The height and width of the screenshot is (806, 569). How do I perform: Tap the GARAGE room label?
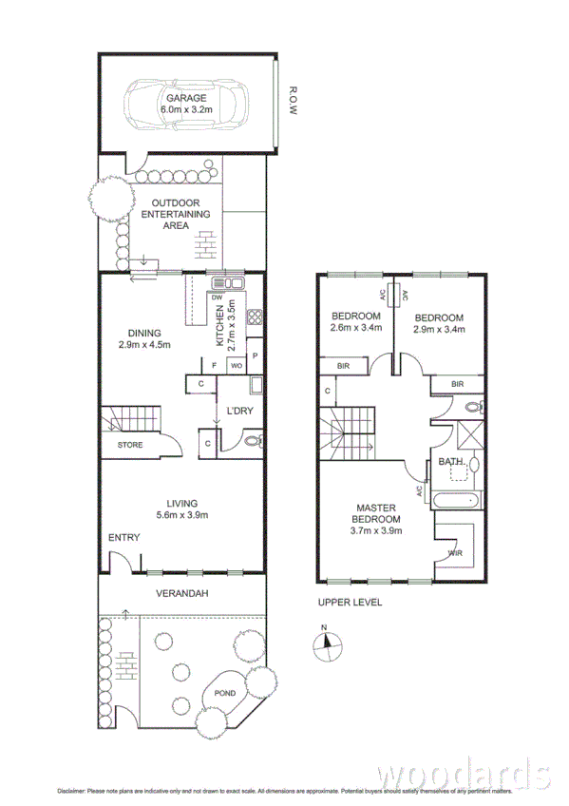coord(186,98)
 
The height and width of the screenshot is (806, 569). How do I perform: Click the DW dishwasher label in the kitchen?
coord(217,297)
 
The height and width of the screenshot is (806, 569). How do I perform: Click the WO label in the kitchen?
coord(235,365)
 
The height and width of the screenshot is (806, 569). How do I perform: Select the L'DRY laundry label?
coord(237,411)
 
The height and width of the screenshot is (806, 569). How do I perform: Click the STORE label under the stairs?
coord(130,445)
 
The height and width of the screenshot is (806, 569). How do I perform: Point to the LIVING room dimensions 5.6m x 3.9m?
coord(181,515)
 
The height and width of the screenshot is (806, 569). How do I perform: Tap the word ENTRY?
coord(123,538)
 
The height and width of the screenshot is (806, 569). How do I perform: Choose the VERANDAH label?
coord(181,593)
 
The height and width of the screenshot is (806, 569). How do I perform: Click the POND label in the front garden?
coord(225,694)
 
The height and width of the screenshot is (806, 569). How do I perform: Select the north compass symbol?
coord(324,643)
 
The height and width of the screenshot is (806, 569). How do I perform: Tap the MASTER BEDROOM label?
coord(378,513)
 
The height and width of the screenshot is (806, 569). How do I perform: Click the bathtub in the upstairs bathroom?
coord(453,501)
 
